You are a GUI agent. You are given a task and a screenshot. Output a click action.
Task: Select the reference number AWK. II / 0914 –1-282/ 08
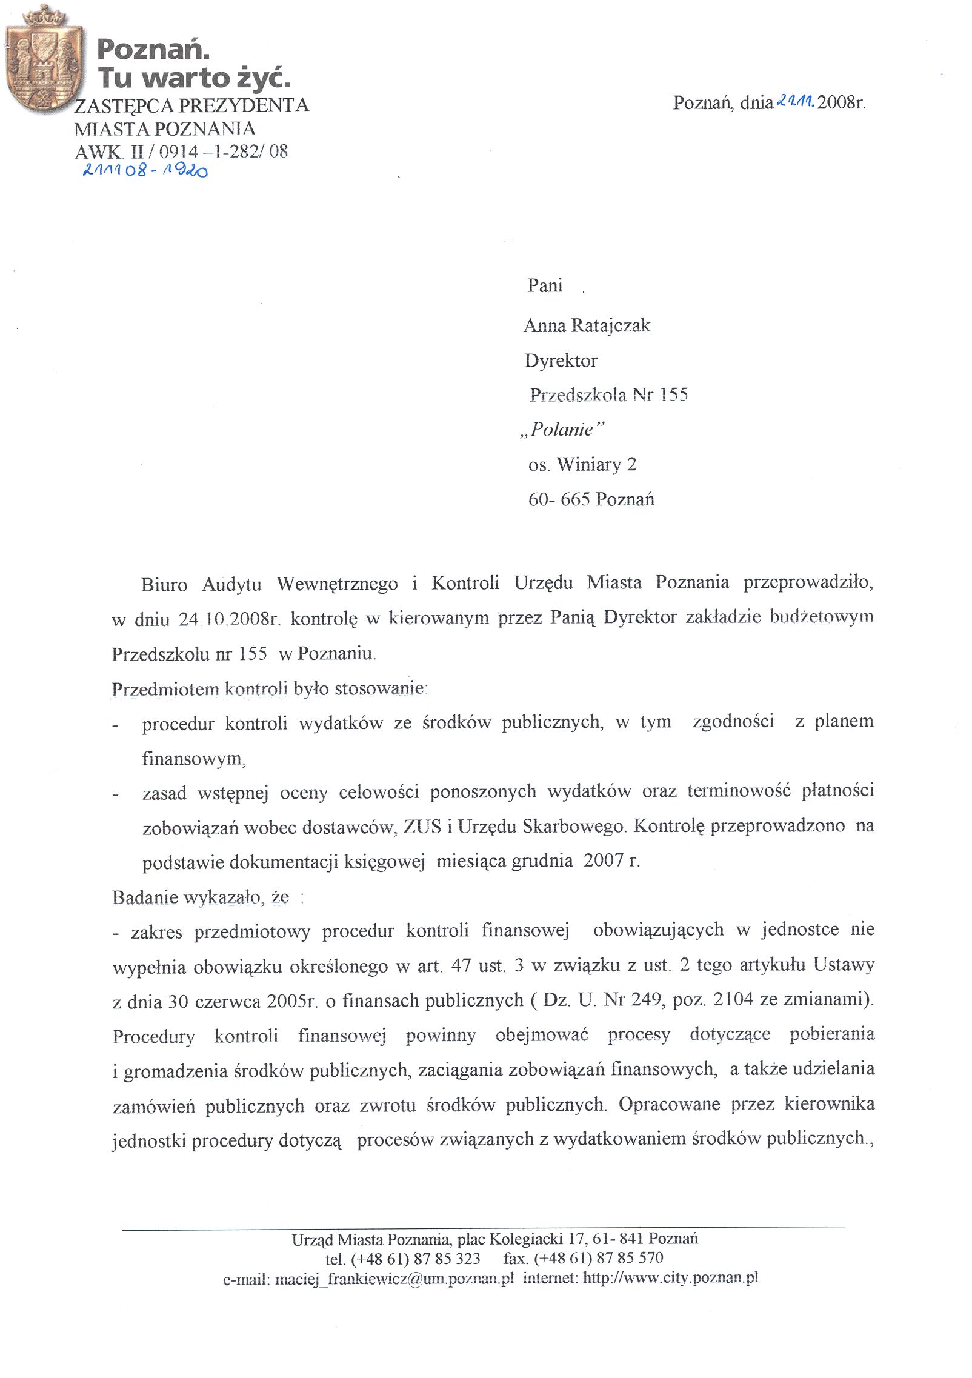tap(181, 151)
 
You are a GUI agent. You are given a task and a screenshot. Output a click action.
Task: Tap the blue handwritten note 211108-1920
tap(145, 171)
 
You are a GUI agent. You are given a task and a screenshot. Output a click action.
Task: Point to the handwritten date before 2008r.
tap(794, 101)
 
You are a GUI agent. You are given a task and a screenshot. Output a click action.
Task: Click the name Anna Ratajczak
tap(587, 326)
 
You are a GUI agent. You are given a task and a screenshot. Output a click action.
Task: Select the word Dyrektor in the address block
tap(561, 361)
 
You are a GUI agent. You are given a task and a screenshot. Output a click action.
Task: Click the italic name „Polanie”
tap(562, 430)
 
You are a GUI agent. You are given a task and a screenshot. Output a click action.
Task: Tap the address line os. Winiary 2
tap(582, 465)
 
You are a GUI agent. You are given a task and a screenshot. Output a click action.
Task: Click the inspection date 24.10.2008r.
tap(228, 619)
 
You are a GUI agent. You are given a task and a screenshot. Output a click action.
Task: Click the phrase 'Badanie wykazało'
tap(187, 897)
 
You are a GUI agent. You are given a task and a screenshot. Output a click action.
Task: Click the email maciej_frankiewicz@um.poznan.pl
tap(394, 1279)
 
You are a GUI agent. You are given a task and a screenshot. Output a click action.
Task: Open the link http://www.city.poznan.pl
tap(671, 1278)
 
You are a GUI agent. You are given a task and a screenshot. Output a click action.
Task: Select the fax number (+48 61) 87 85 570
tap(599, 1258)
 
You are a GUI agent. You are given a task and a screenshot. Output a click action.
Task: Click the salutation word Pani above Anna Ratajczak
tap(545, 285)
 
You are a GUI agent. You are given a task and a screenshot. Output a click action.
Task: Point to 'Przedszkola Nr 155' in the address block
tap(609, 395)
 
